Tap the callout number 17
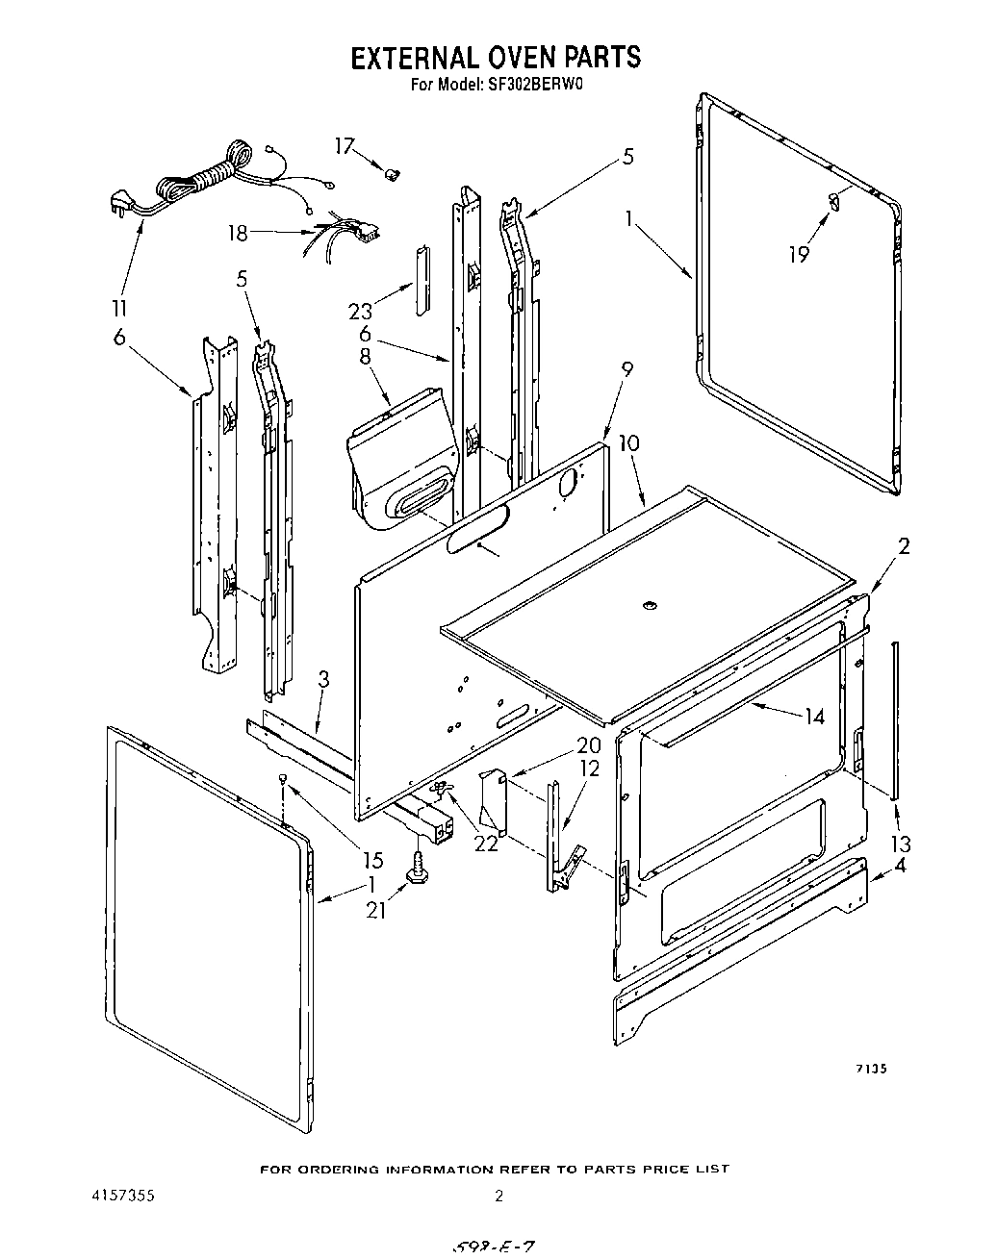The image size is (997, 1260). point(345,146)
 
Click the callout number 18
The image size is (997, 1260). point(238,233)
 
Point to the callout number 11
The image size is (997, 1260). point(120,309)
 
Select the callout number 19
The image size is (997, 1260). point(799,253)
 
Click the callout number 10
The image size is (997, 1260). point(628,443)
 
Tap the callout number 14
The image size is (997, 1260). point(814,716)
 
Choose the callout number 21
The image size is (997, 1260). point(375,909)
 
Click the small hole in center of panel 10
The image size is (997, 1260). point(649,605)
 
